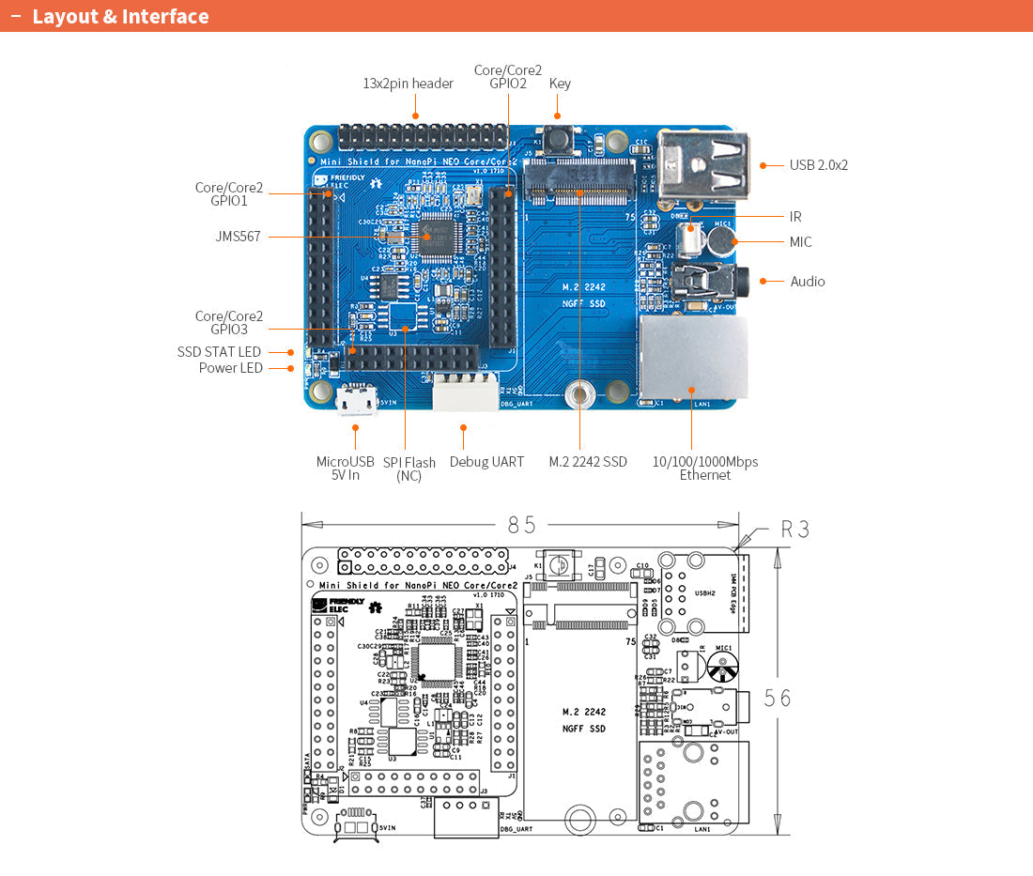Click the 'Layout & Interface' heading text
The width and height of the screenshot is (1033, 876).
pos(120,17)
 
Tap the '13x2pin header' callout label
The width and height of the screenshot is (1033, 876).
pos(408,84)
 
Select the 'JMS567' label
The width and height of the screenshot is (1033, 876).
pos(238,237)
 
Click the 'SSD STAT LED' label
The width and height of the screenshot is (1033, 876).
pos(219,352)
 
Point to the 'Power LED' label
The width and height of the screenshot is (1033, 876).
pos(230,368)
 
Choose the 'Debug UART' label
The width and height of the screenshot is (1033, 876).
pos(486,462)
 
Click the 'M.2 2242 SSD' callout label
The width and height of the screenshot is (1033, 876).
pos(588,462)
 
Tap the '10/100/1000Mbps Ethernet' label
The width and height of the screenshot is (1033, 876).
pos(704,468)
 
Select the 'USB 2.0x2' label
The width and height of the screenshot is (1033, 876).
pos(818,165)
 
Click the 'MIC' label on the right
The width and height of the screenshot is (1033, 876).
pos(800,242)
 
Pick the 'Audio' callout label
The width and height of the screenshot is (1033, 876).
pos(807,282)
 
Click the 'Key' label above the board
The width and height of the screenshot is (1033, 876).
pos(560,84)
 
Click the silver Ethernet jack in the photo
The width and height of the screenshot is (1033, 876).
pos(694,359)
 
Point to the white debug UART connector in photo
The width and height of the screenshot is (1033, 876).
pos(465,392)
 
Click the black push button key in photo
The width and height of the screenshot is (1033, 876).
pos(560,139)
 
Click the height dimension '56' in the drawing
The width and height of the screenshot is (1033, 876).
pos(777,698)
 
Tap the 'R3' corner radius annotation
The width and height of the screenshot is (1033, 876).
pos(794,530)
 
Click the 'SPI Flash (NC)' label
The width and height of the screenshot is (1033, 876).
pos(409,469)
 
